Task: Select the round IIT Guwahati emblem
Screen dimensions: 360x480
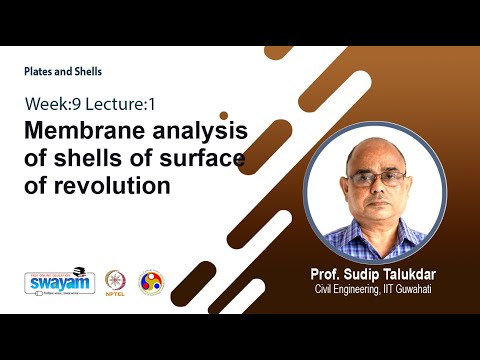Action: click(151, 282)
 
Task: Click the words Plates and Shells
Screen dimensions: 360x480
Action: click(64, 72)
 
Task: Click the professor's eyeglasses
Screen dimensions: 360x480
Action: click(378, 179)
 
